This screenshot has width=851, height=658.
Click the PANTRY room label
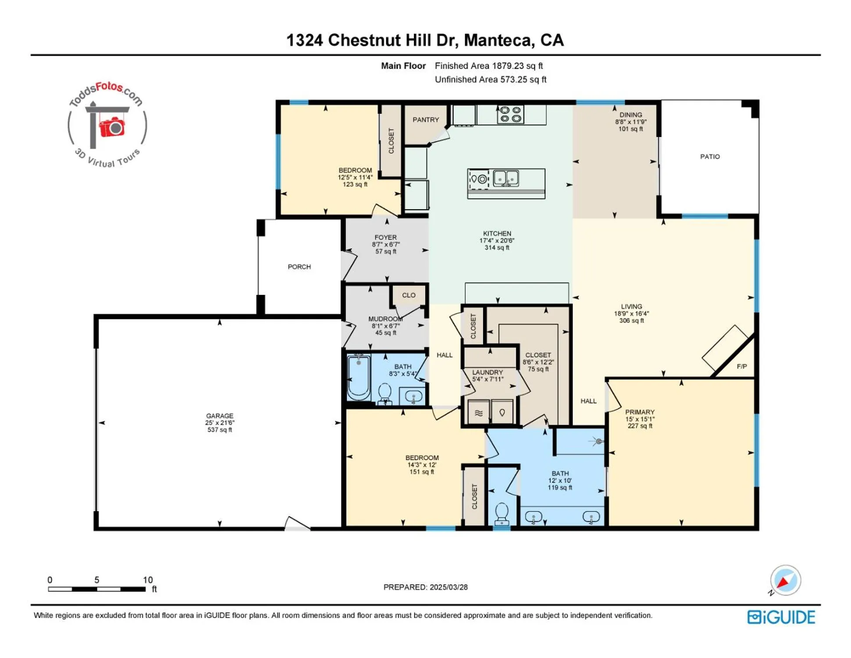click(425, 120)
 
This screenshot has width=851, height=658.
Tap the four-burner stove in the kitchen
click(510, 114)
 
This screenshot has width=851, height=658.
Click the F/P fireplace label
click(741, 366)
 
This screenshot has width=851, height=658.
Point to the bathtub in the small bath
click(359, 377)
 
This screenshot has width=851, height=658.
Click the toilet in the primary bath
click(501, 513)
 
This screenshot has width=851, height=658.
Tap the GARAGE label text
click(220, 416)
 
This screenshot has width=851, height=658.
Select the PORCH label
click(299, 267)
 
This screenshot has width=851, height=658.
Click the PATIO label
click(709, 157)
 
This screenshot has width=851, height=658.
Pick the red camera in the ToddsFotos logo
click(112, 127)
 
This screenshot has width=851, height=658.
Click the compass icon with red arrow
click(785, 580)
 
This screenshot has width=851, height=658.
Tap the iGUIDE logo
click(781, 617)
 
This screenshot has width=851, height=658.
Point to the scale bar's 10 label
click(148, 580)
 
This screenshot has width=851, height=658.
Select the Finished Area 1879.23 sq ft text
click(488, 66)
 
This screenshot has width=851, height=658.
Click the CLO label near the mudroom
click(408, 295)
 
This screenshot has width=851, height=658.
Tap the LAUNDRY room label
click(487, 372)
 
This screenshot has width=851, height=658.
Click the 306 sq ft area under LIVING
click(631, 321)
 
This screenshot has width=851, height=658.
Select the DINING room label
click(630, 115)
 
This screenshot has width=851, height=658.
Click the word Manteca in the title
click(498, 40)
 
